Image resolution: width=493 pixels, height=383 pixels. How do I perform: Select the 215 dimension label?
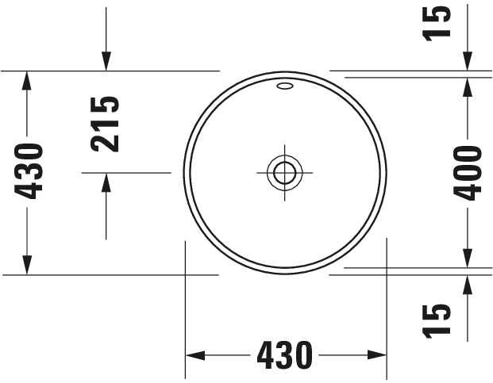pos(106,124)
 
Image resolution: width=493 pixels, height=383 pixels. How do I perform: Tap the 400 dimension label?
pos(468,173)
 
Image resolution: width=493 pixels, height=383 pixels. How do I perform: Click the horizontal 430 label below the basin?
pos(285,354)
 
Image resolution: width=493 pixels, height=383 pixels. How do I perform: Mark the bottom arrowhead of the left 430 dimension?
pos(28,266)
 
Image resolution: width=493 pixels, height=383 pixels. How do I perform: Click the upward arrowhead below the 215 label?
pos(106,182)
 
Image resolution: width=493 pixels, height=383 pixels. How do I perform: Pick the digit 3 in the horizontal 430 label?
pos(285,354)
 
